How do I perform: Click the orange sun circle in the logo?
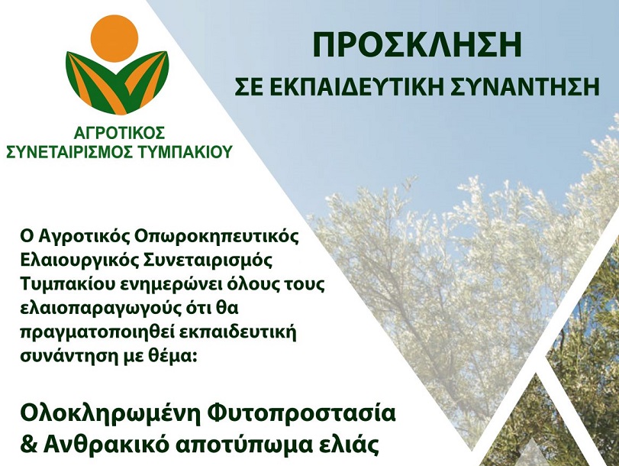[x=114, y=38]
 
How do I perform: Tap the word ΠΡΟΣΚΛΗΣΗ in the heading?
[x=418, y=45]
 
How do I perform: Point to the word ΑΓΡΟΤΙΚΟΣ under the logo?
[x=119, y=133]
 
